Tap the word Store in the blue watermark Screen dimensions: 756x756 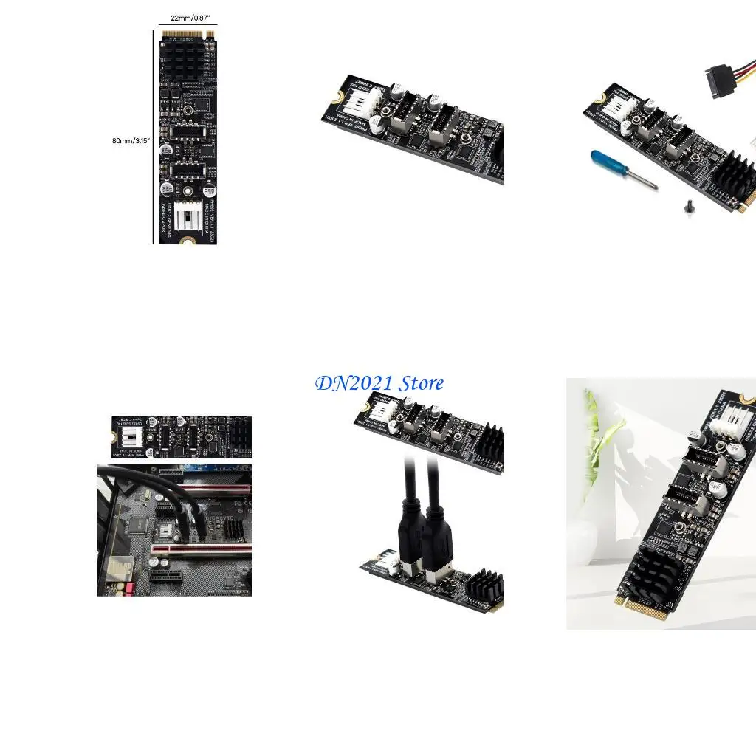coord(421,383)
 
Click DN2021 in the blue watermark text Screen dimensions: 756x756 coord(354,383)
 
